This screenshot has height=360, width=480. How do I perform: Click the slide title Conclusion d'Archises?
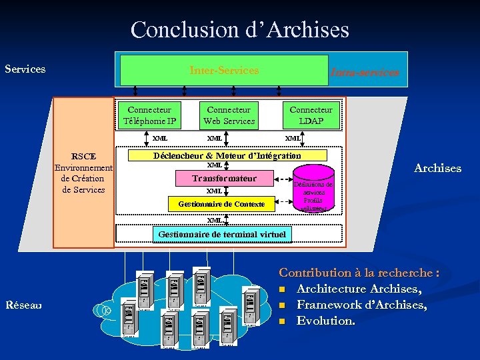pyautogui.click(x=239, y=30)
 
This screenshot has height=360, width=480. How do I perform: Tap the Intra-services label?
pyautogui.click(x=365, y=73)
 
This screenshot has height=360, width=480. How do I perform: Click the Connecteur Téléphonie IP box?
pyautogui.click(x=150, y=115)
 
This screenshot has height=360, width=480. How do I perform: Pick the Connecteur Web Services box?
pyautogui.click(x=229, y=115)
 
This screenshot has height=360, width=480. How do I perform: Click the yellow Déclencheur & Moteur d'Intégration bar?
pyautogui.click(x=227, y=155)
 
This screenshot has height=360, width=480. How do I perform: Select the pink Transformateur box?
pyautogui.click(x=224, y=179)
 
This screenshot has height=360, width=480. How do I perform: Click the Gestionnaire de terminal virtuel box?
pyautogui.click(x=222, y=234)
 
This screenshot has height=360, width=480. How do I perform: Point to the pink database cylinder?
pyautogui.click(x=313, y=191)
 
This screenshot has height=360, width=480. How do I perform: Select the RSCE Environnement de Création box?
pyautogui.click(x=83, y=173)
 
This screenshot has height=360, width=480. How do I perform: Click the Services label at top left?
pyautogui.click(x=25, y=69)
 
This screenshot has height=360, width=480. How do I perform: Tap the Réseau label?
pyautogui.click(x=23, y=305)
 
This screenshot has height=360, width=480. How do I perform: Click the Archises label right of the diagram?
pyautogui.click(x=437, y=168)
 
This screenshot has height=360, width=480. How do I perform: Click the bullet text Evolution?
pyautogui.click(x=325, y=321)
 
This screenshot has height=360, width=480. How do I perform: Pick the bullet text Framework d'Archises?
pyautogui.click(x=361, y=305)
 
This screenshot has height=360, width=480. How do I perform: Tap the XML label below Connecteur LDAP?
pyautogui.click(x=293, y=138)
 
